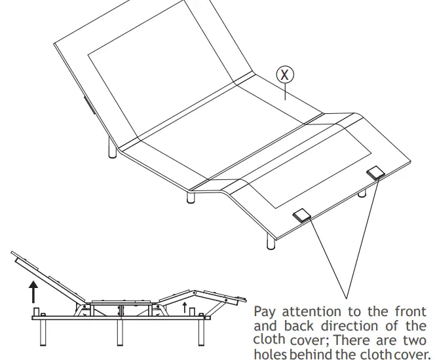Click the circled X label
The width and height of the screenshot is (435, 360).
coord(284,75)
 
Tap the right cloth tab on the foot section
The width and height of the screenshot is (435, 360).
coord(376,171)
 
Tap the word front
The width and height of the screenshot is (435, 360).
coord(411,312)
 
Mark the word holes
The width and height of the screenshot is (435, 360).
coord(269,354)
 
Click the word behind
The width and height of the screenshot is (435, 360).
coord(312,354)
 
